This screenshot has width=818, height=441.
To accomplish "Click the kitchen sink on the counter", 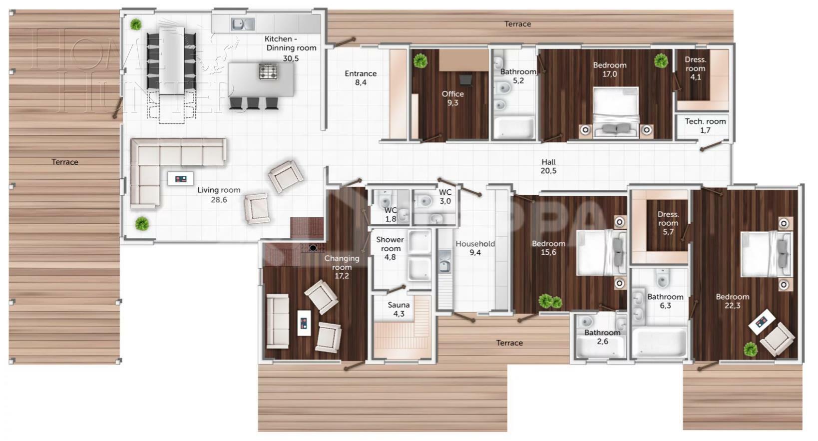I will (243, 23).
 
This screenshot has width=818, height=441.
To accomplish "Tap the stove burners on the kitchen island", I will (268, 72).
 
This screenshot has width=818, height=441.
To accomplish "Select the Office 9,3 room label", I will (452, 98).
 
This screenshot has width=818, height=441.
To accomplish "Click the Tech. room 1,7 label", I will (705, 126).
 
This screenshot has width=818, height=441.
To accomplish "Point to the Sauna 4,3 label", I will (399, 309).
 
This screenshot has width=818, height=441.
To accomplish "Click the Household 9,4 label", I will (475, 248).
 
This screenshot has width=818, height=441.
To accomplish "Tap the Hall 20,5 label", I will (548, 166).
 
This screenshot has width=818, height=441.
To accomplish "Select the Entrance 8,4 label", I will (361, 78).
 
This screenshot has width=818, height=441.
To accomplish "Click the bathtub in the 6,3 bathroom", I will (659, 342).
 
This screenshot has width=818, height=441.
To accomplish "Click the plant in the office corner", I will (420, 61).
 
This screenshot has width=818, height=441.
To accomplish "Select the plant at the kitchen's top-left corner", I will (135, 24).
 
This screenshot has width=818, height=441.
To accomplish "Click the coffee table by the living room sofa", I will (180, 179).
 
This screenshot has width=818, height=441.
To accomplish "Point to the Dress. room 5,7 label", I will (668, 223).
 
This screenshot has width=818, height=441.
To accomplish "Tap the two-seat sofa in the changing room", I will (277, 321).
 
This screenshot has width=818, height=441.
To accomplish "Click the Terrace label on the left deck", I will (65, 162).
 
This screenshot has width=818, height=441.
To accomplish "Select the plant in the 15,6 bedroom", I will (550, 302).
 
